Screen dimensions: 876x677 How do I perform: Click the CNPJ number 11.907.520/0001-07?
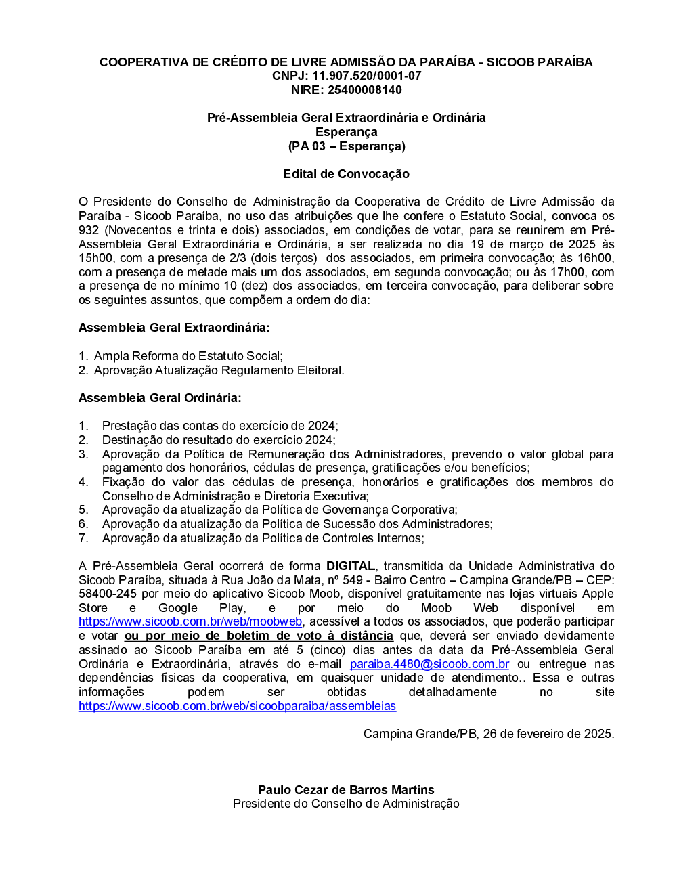[366, 76]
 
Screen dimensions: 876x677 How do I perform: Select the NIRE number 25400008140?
[365, 90]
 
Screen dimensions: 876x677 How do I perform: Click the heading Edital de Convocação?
[346, 174]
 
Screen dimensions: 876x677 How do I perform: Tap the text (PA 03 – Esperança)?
[346, 146]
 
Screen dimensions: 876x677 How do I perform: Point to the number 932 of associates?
[89, 230]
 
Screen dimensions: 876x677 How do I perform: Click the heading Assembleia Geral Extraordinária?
[174, 328]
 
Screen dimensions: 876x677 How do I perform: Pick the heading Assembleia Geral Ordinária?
[160, 398]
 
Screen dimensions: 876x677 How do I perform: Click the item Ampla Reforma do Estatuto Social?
[188, 356]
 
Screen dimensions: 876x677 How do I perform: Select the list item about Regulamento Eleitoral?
[219, 370]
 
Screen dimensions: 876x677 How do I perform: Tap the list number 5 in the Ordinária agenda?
[83, 510]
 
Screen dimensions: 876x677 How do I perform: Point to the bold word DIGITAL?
[351, 566]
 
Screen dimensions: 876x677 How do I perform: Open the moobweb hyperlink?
[190, 621]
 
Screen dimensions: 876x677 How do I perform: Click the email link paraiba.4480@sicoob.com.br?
[429, 664]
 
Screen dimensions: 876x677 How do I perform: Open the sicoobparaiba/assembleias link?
[237, 706]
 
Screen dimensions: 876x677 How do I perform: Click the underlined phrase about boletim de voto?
[259, 636]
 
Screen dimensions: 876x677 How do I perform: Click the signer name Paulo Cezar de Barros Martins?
[346, 790]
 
